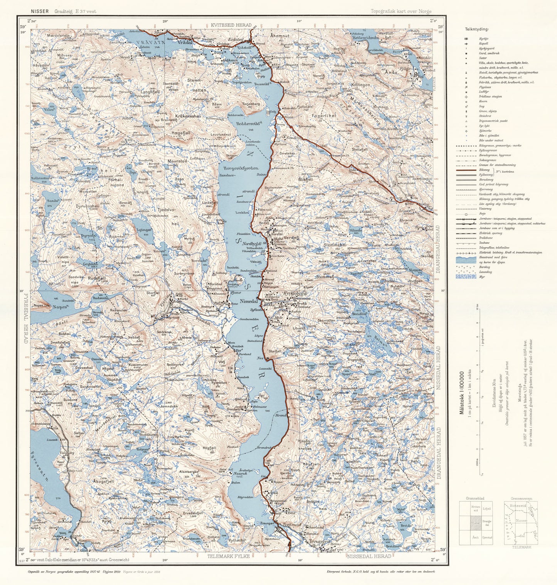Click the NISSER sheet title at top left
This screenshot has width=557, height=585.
pos(40,11)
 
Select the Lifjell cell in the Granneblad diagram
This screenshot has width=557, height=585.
pos(486,509)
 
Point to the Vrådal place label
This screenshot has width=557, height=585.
pos(184,43)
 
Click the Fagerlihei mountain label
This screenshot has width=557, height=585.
pos(324,115)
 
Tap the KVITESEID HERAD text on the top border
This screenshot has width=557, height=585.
pos(231,25)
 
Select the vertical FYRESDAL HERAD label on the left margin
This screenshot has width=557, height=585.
pos(26,316)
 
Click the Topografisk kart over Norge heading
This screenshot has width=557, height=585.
pos(401,11)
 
